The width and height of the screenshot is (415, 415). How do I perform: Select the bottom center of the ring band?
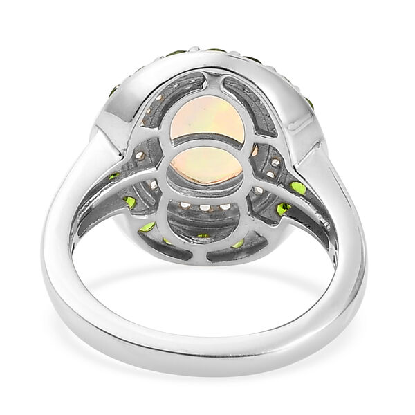(x=207, y=378)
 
